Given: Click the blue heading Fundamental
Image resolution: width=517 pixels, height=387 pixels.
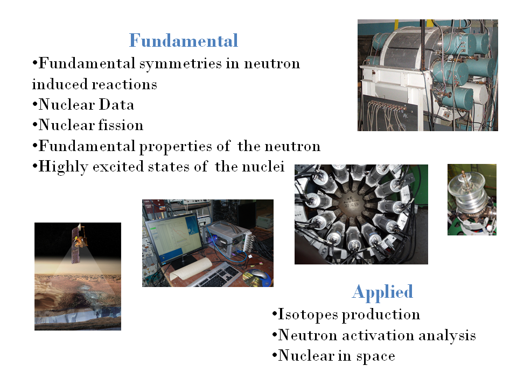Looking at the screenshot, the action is pyautogui.click(x=183, y=40).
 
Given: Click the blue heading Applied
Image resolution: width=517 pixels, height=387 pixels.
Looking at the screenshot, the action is pyautogui.click(x=382, y=292).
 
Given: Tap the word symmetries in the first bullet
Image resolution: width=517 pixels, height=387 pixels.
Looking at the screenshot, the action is pyautogui.click(x=180, y=63).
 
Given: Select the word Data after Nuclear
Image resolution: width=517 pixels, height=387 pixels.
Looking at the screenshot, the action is pyautogui.click(x=116, y=105).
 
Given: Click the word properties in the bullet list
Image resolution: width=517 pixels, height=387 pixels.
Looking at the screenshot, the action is pyautogui.click(x=176, y=147).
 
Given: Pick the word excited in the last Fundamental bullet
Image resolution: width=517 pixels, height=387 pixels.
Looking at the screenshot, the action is pyautogui.click(x=118, y=167).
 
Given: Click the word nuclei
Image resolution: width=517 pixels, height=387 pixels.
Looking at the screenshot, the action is pyautogui.click(x=263, y=167).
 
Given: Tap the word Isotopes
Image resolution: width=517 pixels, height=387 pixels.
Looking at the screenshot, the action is pyautogui.click(x=308, y=314).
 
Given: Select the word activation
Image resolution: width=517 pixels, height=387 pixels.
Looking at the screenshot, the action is pyautogui.click(x=378, y=335).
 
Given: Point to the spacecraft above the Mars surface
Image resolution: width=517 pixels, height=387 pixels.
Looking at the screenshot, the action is pyautogui.click(x=80, y=243).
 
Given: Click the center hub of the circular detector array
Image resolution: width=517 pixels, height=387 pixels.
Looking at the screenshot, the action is pyautogui.click(x=352, y=201).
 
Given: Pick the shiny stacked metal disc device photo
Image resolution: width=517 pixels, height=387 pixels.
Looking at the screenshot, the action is pyautogui.click(x=472, y=199).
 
